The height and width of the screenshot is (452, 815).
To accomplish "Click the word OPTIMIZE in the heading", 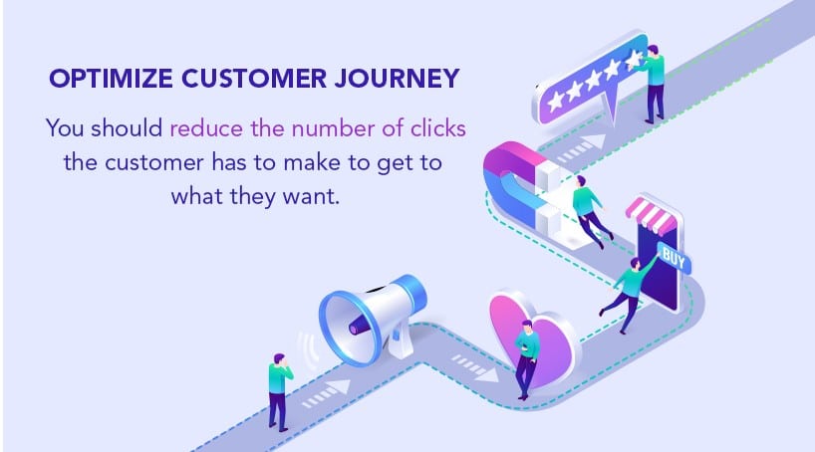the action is pyautogui.click(x=111, y=79).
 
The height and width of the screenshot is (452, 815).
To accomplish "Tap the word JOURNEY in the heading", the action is pyautogui.click(x=398, y=79).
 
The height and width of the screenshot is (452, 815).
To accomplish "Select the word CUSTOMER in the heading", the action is pyautogui.click(x=254, y=79).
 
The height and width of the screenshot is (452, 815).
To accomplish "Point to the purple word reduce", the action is pyautogui.click(x=206, y=128).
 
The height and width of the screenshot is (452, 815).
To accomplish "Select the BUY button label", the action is pyautogui.click(x=674, y=258).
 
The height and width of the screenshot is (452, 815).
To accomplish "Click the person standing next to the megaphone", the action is pyautogui.click(x=279, y=392).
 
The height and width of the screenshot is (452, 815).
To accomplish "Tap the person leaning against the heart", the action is pyautogui.click(x=526, y=359).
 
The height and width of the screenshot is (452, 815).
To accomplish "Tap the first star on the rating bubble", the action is pyautogui.click(x=556, y=101).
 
